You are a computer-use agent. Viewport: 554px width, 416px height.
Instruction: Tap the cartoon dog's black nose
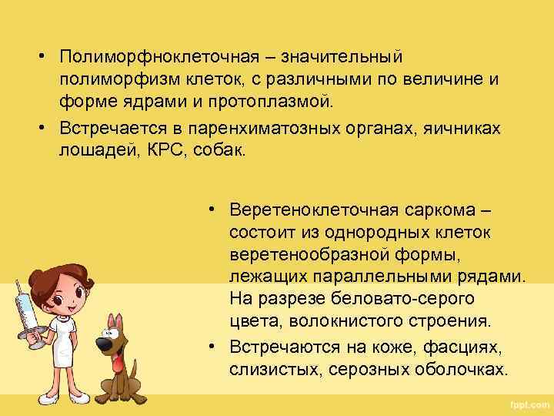102,341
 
